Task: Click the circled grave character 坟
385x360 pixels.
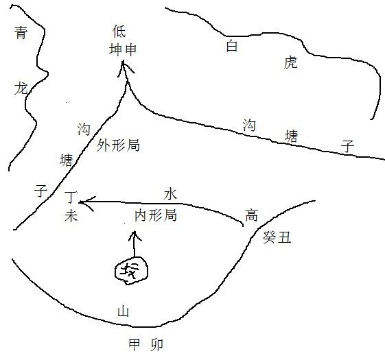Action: click(130, 271)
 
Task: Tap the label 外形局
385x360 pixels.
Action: click(118, 145)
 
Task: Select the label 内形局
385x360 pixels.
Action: click(156, 215)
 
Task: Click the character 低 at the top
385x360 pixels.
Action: click(119, 31)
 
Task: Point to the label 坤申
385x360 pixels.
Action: click(123, 49)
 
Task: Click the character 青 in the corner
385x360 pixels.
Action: click(21, 33)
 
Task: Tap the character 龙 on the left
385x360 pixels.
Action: click(21, 88)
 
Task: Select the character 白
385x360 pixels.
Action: click(232, 46)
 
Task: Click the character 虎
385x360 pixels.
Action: click(290, 62)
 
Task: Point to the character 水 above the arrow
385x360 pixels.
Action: click(170, 194)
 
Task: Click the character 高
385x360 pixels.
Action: click(251, 215)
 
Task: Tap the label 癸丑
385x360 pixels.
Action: click(277, 237)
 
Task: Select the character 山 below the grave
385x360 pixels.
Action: click(123, 311)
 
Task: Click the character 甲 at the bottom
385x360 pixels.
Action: click(135, 344)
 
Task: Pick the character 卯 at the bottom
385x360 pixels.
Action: click(156, 344)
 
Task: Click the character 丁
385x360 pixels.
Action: click(71, 197)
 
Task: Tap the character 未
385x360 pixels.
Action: click(71, 216)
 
